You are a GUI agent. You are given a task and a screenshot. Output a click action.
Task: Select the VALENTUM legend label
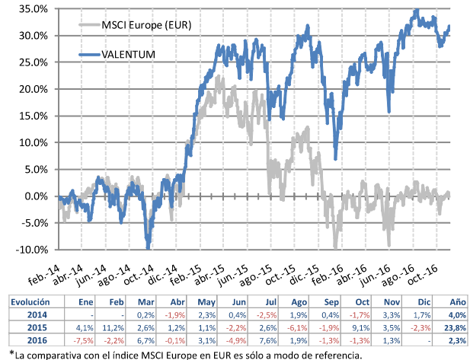tap(133, 54)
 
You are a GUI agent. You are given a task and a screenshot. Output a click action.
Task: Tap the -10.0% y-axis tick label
tap(31, 250)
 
